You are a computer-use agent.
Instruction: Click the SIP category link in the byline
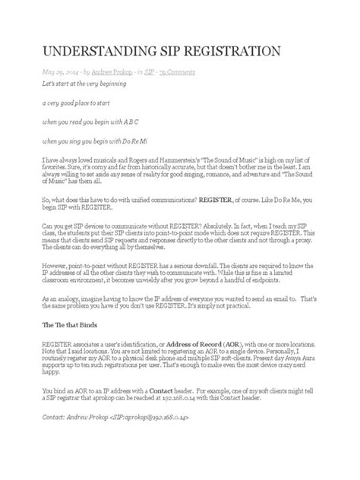click(149, 71)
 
